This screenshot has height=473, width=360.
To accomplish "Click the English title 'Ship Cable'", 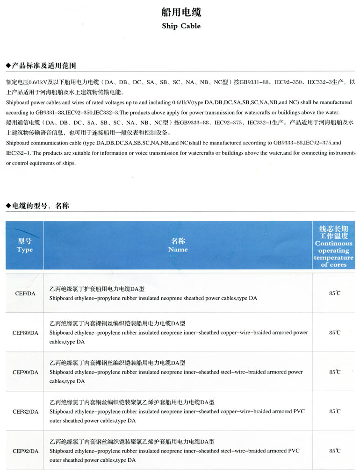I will coord(181,26).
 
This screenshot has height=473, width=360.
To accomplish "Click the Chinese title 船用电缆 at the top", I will coord(181,12).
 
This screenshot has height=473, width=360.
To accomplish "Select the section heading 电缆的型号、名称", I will coord(41,206).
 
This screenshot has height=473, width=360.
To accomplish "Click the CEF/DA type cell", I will coord(25,294).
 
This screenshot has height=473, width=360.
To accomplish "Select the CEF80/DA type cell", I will coord(25,333).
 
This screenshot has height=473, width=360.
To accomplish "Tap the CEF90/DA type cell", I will coord(25,372).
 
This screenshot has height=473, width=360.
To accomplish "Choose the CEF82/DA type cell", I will coord(25,412).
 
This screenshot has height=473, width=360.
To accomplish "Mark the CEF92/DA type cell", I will coord(25,451).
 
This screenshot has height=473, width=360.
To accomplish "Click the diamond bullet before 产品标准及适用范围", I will coord(8,65).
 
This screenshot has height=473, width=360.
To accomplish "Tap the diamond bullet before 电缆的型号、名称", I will coord(8,206).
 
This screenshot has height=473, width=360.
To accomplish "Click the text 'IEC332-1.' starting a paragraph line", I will coord(17,153).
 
